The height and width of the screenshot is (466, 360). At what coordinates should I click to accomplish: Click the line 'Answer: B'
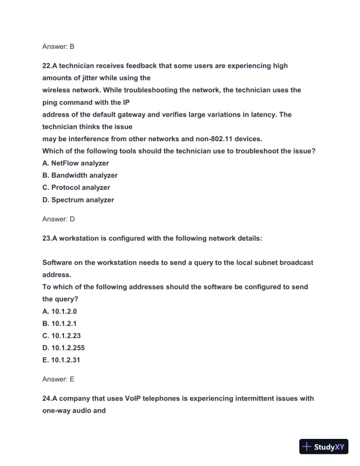[x=58, y=46]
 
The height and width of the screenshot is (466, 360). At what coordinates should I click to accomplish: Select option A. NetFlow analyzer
[x=75, y=163]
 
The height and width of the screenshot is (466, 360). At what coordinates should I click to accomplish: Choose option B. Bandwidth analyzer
[x=80, y=175]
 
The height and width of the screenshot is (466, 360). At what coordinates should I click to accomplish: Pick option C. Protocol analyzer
[x=76, y=188]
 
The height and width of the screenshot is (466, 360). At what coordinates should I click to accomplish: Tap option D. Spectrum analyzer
[x=78, y=200]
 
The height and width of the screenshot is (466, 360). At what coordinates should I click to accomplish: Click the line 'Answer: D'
[x=58, y=219]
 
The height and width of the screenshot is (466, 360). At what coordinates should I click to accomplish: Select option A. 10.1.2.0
[x=59, y=311]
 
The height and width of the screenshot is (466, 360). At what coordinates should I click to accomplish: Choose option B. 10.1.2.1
[x=59, y=324]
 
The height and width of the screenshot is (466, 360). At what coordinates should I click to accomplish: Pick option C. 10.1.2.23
[x=61, y=336]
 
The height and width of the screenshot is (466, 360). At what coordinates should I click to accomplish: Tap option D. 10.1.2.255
[x=64, y=348]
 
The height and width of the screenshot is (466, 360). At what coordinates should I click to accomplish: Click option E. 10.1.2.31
[x=61, y=360]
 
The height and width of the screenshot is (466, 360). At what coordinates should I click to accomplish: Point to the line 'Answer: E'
[x=58, y=380]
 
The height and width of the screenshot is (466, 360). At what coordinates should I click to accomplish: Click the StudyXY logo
[x=323, y=447]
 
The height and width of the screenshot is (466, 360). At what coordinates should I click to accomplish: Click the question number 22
[x=46, y=66]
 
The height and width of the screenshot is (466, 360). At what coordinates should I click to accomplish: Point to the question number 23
[x=46, y=238]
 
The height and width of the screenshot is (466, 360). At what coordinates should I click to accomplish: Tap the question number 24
[x=46, y=398]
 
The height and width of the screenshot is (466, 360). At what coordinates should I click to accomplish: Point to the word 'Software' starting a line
[x=58, y=262]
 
